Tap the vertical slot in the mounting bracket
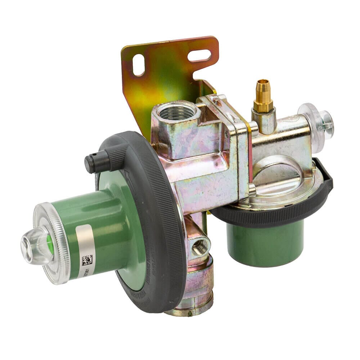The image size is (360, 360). pos(138,65)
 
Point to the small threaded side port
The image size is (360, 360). pos(200,247)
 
